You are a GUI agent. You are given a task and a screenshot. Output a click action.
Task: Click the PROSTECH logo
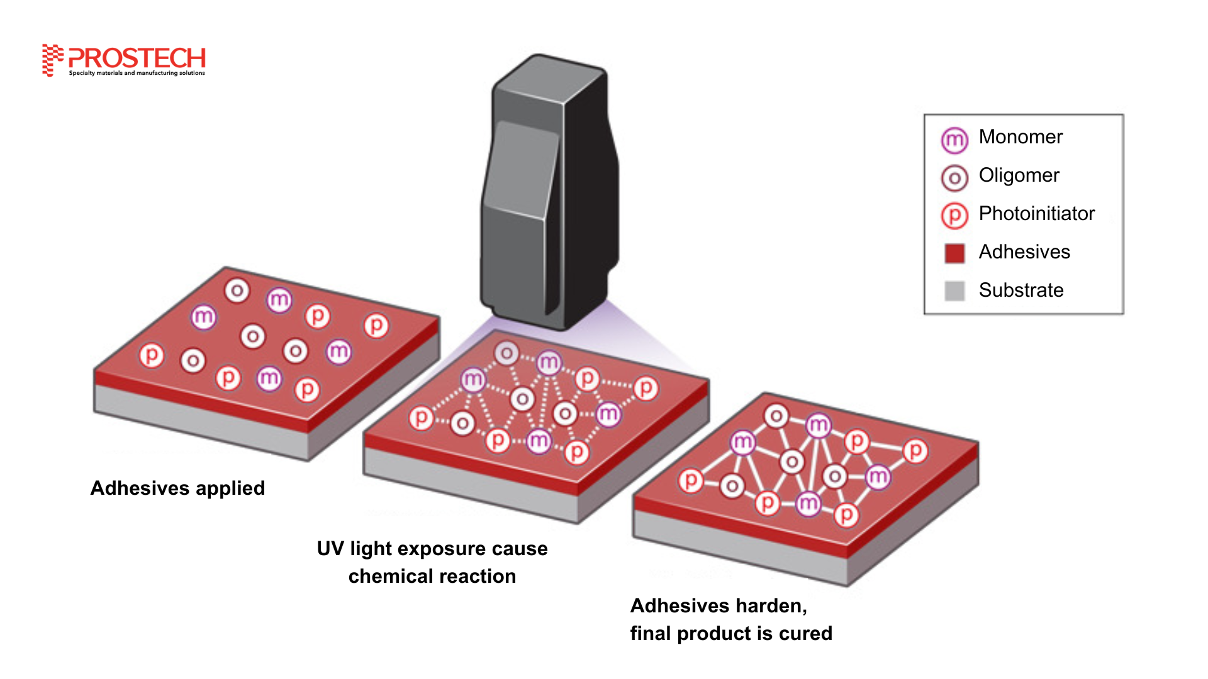click(124, 60)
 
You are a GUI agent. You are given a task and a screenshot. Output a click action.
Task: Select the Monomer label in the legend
click(1021, 137)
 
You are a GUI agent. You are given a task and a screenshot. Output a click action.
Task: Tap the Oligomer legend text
click(1019, 175)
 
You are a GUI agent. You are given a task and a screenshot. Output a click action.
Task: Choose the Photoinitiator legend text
click(1037, 214)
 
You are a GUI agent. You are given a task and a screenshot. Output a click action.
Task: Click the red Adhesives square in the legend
click(954, 253)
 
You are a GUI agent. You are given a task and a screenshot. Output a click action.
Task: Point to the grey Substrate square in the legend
click(954, 290)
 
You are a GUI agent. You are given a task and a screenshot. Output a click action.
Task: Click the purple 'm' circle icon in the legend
click(954, 140)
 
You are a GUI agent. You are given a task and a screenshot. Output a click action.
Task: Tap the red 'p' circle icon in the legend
click(954, 216)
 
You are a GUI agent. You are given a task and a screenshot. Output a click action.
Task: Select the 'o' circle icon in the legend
click(954, 178)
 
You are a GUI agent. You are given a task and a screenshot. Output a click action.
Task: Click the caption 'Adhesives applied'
click(177, 489)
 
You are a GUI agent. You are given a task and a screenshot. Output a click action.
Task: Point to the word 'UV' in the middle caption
click(330, 549)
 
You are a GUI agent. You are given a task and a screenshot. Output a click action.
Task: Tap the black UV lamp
click(549, 192)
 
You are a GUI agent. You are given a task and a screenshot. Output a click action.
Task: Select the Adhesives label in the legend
click(1024, 252)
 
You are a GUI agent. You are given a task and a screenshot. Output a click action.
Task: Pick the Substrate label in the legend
click(1021, 290)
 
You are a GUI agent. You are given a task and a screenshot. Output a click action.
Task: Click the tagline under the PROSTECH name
click(137, 73)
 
